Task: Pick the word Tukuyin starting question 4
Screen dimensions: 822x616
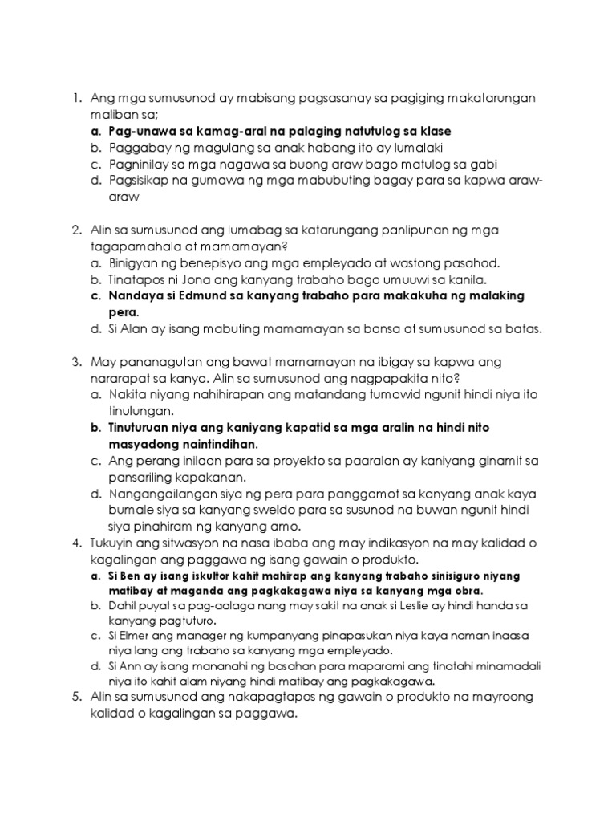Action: coord(115,543)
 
